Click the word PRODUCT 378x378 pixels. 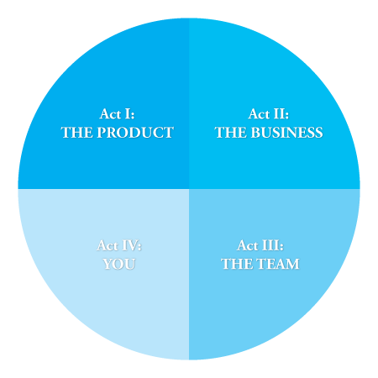click(135, 133)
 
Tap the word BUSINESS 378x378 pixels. click(286, 133)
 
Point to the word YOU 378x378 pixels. click(119, 264)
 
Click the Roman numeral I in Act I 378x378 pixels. click(128, 114)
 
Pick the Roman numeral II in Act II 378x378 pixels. click(281, 114)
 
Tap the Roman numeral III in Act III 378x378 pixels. click(271, 245)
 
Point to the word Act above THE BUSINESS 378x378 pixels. click(259, 114)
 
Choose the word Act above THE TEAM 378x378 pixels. click(248, 245)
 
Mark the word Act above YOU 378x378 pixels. click(108, 245)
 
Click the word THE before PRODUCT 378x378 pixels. click(77, 133)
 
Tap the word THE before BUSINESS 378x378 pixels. click(231, 133)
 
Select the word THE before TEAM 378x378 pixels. click(237, 264)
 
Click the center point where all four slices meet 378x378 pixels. click(189, 189)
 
